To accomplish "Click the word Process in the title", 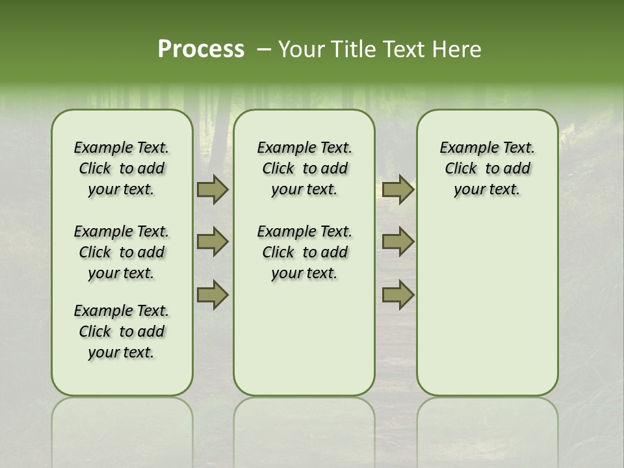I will point(201,49).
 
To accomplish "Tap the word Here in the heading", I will point(458,49).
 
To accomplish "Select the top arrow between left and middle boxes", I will point(213,189).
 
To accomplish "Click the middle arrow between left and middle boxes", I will point(213,242).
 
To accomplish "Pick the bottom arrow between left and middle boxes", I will point(213,295).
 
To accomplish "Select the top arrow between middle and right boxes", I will point(398,189).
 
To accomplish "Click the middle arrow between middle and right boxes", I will point(398,242).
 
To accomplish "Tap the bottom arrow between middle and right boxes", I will point(398,295).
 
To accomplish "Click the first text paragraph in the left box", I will point(122,168).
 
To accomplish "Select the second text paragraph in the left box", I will point(122,252).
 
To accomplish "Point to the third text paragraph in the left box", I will point(122,331).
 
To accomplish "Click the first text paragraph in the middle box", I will point(304,168).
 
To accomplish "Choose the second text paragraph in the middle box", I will point(304,252).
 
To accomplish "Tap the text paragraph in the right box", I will point(487,168).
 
